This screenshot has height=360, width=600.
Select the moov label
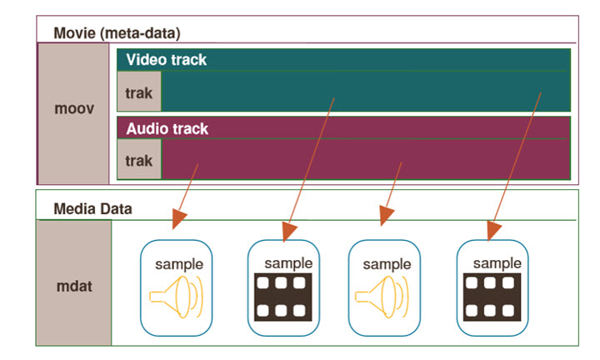pyautogui.click(x=73, y=110)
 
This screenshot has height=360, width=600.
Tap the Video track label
pyautogui.click(x=167, y=60)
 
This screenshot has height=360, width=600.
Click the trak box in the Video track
pyautogui.click(x=138, y=92)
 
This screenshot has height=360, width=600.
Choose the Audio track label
pyautogui.click(x=167, y=129)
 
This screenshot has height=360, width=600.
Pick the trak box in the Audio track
pyautogui.click(x=138, y=159)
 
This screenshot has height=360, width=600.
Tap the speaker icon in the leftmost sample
pyautogui.click(x=176, y=297)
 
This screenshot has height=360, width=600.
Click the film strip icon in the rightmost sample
pyautogui.click(x=492, y=297)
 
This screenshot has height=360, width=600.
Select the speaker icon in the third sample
pyautogui.click(x=382, y=297)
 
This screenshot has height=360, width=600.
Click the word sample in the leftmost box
pyautogui.click(x=179, y=264)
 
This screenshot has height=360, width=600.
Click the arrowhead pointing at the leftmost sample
pyautogui.click(x=178, y=221)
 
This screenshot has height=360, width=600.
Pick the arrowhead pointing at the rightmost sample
pyautogui.click(x=493, y=227)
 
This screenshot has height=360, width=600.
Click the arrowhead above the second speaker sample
pyautogui.click(x=384, y=217)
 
